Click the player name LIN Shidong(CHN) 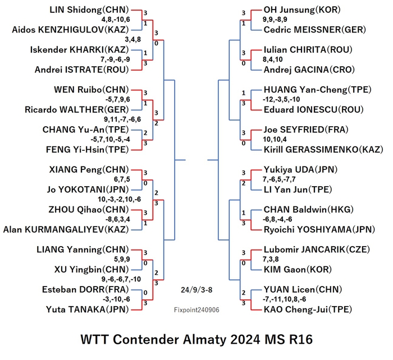coord(89,10)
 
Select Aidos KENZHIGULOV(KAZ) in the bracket coord(70,30)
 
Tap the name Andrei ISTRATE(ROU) coord(81,70)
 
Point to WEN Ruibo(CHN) coord(91,90)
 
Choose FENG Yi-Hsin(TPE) coord(87,150)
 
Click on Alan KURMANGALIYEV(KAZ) coord(66,229)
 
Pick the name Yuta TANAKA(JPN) coord(87,310)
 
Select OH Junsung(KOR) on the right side coord(302,10)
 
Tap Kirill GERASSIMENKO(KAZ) coord(323,150)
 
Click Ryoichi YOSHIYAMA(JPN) coord(319,229)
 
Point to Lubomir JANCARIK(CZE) coord(317,250)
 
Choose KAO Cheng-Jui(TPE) coord(308,310)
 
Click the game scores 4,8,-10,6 coord(116,20)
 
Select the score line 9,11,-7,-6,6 coord(122,119)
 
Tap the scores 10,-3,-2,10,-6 coord(119,199)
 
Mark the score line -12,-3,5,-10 coord(281,99)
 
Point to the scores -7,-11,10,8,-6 coord(284,299)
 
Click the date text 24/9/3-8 coord(196,290)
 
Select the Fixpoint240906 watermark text coord(196,310)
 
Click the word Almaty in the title coord(204,340)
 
